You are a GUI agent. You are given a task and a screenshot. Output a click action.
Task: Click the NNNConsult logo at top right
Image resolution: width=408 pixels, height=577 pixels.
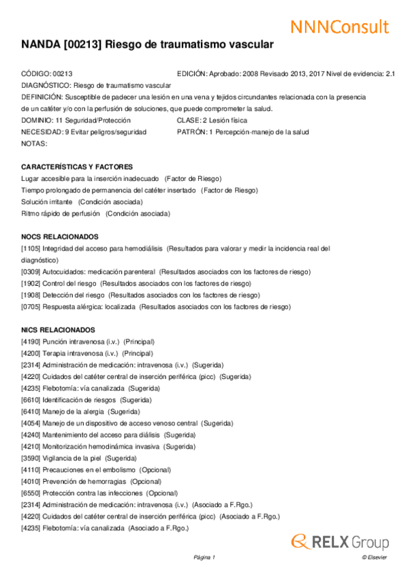point(340,27)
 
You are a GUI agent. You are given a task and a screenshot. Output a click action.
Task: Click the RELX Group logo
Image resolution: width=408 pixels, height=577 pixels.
point(340,542)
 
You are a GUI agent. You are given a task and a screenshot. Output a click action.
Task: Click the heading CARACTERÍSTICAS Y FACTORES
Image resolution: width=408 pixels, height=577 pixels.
point(77,167)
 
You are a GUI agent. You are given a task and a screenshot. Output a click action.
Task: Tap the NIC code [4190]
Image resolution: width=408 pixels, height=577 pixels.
point(31,341)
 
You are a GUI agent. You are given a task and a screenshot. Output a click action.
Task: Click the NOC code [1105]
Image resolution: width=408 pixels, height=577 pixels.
point(31,248)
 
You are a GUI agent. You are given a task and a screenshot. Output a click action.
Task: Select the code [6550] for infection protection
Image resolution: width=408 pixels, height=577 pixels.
point(31,493)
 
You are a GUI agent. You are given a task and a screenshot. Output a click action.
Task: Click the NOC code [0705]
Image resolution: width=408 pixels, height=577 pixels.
point(31,306)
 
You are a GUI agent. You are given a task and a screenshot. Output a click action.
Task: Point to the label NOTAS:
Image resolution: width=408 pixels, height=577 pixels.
point(34,144)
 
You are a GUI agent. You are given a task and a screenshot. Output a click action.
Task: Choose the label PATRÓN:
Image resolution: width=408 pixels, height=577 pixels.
point(191,132)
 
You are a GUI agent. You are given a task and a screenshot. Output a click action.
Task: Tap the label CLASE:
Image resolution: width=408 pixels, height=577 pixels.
point(189,120)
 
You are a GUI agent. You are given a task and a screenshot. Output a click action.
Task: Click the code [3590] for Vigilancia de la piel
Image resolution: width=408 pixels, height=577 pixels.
point(31,458)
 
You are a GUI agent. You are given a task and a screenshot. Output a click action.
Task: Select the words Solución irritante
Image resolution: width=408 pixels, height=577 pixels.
point(47,202)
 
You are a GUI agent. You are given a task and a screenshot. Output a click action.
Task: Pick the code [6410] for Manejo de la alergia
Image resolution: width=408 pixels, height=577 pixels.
point(31,411)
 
